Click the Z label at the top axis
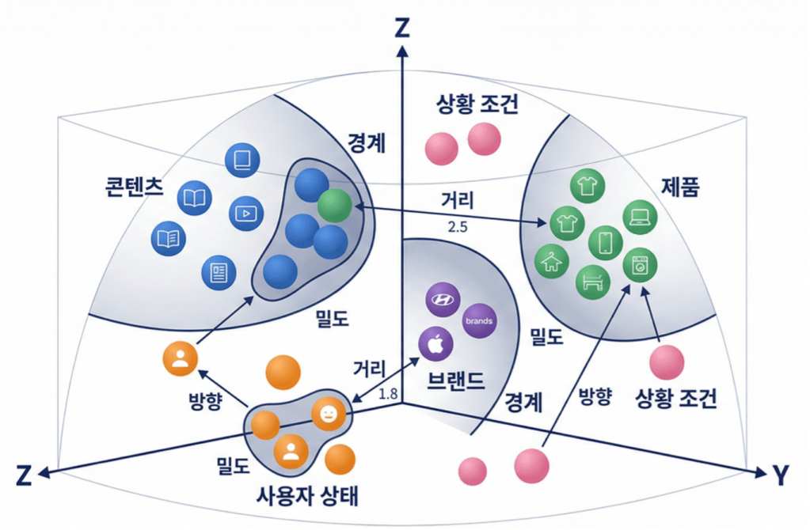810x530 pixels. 403,29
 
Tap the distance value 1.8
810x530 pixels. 389,393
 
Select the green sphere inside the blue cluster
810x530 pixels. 333,204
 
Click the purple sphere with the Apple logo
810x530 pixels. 435,344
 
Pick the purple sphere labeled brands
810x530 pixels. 479,321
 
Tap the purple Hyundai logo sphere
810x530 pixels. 443,299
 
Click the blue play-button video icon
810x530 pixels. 245,213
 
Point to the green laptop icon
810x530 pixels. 641,215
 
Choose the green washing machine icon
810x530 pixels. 638,267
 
